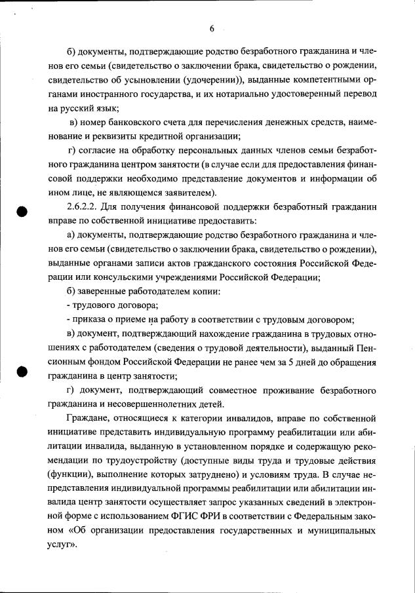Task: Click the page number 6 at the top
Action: (212, 28)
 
